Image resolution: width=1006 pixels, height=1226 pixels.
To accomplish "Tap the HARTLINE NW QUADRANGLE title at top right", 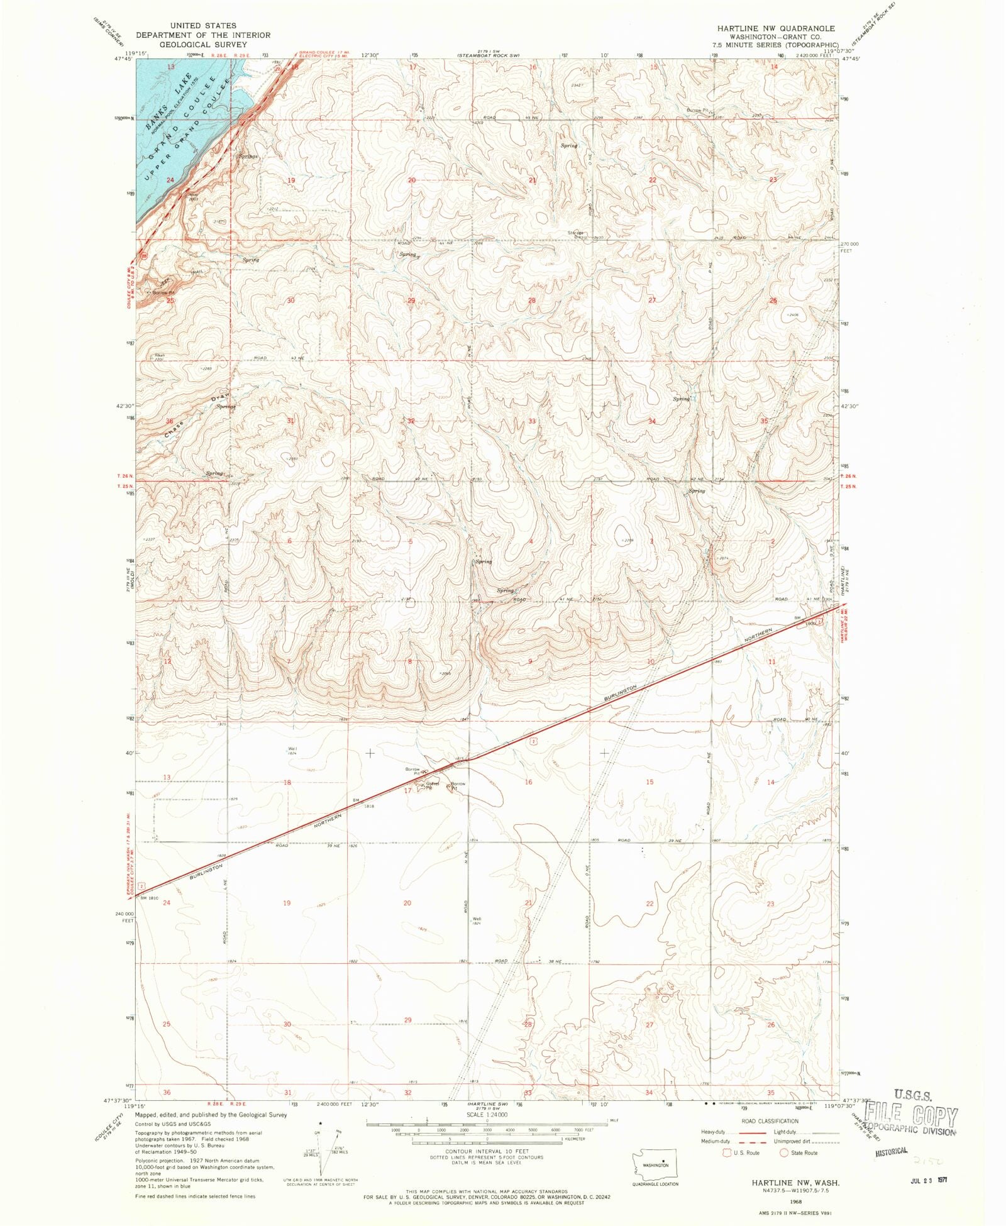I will pyautogui.click(x=777, y=28).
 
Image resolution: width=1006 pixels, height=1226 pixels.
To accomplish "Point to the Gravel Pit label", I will pyautogui.click(x=431, y=785).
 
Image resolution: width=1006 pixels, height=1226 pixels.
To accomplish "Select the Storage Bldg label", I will pyautogui.click(x=577, y=235).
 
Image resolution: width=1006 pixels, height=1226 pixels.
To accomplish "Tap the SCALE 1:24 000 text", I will pyautogui.click(x=487, y=1115).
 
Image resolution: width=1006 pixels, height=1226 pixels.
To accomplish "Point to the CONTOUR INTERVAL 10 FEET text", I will pyautogui.click(x=487, y=1151).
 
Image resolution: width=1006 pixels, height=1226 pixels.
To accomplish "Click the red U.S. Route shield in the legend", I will pyautogui.click(x=727, y=1152).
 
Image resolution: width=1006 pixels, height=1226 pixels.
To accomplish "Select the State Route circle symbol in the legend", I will pyautogui.click(x=783, y=1152).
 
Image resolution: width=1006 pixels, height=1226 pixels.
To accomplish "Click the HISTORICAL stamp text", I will pyautogui.click(x=892, y=1151).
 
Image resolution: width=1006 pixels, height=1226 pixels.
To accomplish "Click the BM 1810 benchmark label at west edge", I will pyautogui.click(x=150, y=898).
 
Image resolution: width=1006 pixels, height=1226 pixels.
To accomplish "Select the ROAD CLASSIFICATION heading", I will pyautogui.click(x=770, y=1121).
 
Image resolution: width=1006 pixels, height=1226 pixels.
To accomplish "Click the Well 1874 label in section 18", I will pyautogui.click(x=292, y=750).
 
